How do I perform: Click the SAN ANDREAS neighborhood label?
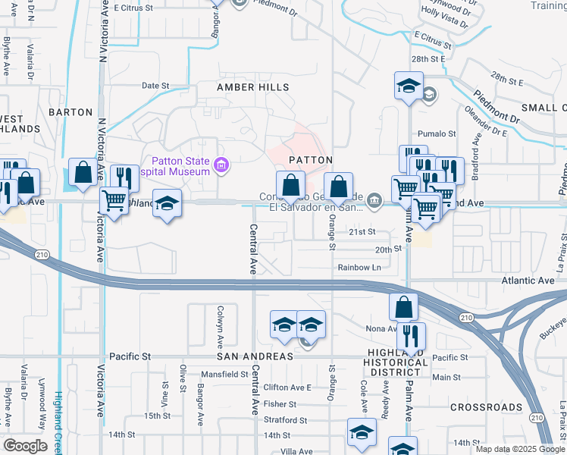(255, 356)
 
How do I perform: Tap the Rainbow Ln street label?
(359, 267)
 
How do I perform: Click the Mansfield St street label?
(224, 374)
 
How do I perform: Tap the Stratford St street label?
(284, 419)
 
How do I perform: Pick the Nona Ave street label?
(381, 329)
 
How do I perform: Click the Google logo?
(25, 446)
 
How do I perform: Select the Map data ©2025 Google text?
(519, 449)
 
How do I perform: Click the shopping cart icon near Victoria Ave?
(114, 202)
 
